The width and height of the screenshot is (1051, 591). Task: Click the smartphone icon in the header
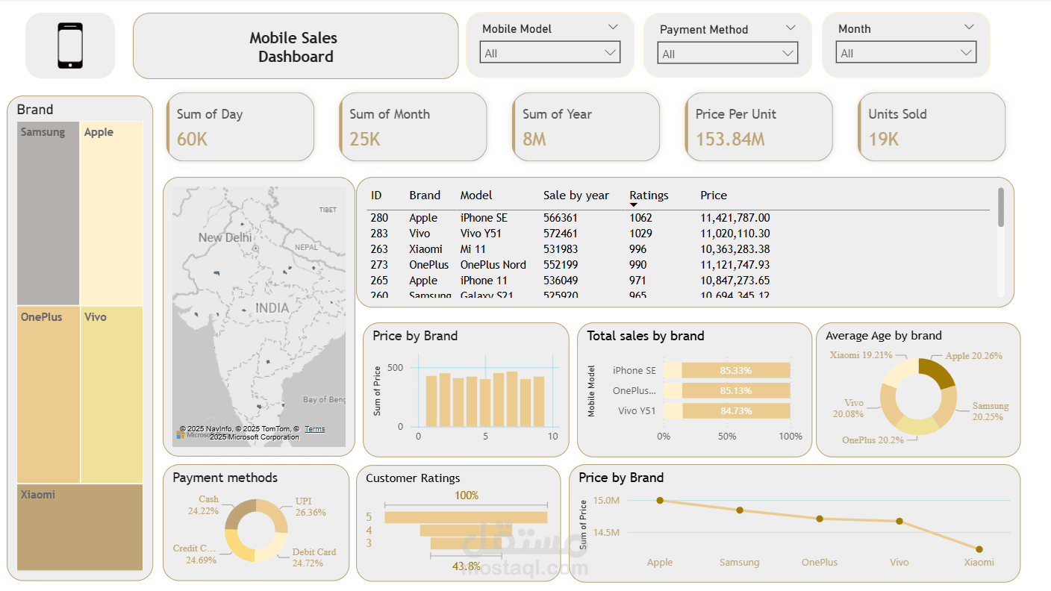coord(70,46)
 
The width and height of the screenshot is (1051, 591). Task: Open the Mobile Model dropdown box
coord(550,53)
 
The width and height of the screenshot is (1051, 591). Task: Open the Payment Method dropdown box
coord(728,54)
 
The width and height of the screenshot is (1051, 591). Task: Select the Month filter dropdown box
coord(905,53)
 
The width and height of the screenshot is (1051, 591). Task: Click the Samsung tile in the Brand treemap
coord(48,213)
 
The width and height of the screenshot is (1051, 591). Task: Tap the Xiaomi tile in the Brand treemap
coord(80,527)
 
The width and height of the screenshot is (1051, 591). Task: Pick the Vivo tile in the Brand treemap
coord(111,394)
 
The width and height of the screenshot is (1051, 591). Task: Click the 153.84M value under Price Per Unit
coord(730,139)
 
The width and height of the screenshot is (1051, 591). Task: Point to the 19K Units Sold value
coord(883,139)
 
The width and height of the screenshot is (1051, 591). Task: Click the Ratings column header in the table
coord(649,196)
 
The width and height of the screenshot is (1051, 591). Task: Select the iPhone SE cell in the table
coord(483,218)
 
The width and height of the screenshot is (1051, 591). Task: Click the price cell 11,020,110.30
coord(735,234)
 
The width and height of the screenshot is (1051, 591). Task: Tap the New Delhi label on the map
coord(225,237)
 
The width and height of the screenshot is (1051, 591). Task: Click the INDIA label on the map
coord(272,308)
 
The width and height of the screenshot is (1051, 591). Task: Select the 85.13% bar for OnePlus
coord(735,390)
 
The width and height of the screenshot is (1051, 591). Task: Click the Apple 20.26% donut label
coord(973,356)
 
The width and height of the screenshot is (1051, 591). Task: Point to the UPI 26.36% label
coord(309,507)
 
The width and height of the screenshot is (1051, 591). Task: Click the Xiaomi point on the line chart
coord(979,549)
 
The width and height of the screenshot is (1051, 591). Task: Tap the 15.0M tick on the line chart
coord(606,501)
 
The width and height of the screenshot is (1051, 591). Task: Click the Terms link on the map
coord(315,429)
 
